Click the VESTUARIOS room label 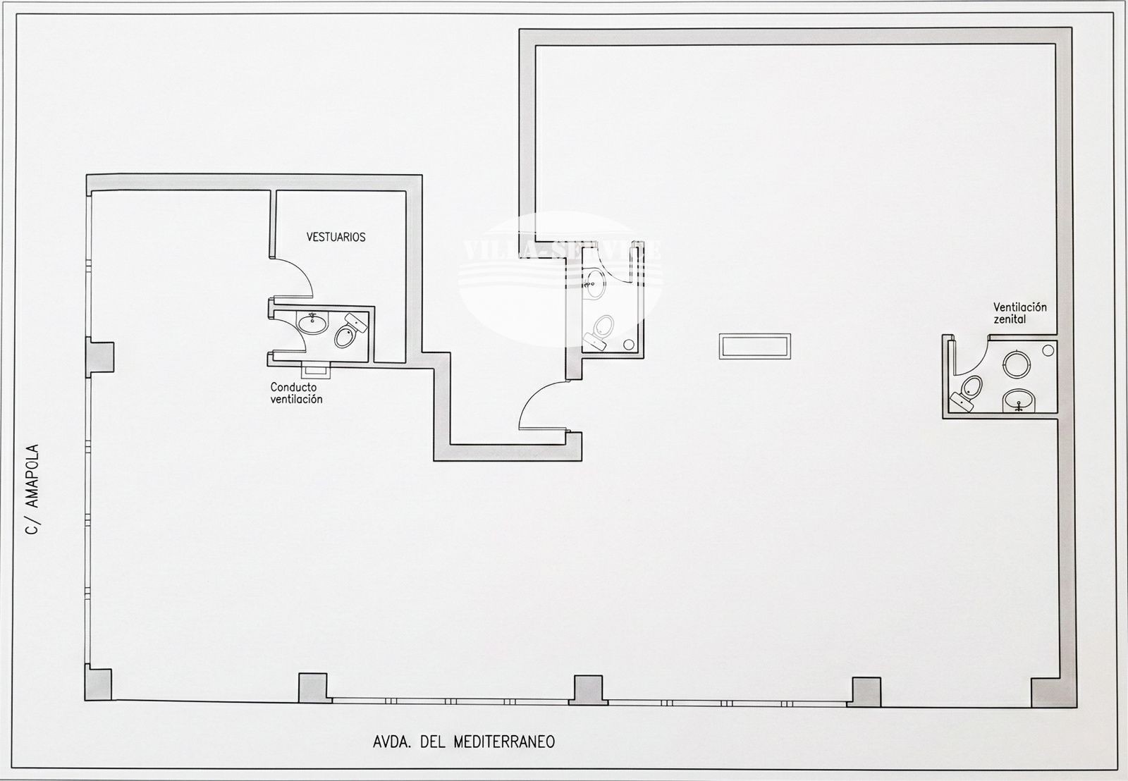pos(336,237)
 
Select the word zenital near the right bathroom pos(1010,319)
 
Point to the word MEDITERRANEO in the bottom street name pos(503,742)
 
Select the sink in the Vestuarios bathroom pos(312,324)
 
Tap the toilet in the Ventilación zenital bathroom pos(969,390)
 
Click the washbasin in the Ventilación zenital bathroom pos(1019,400)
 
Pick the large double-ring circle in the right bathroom pos(1016,364)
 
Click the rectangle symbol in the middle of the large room pos(754,346)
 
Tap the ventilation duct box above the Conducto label pos(315,368)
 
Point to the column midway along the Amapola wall pos(99,357)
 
